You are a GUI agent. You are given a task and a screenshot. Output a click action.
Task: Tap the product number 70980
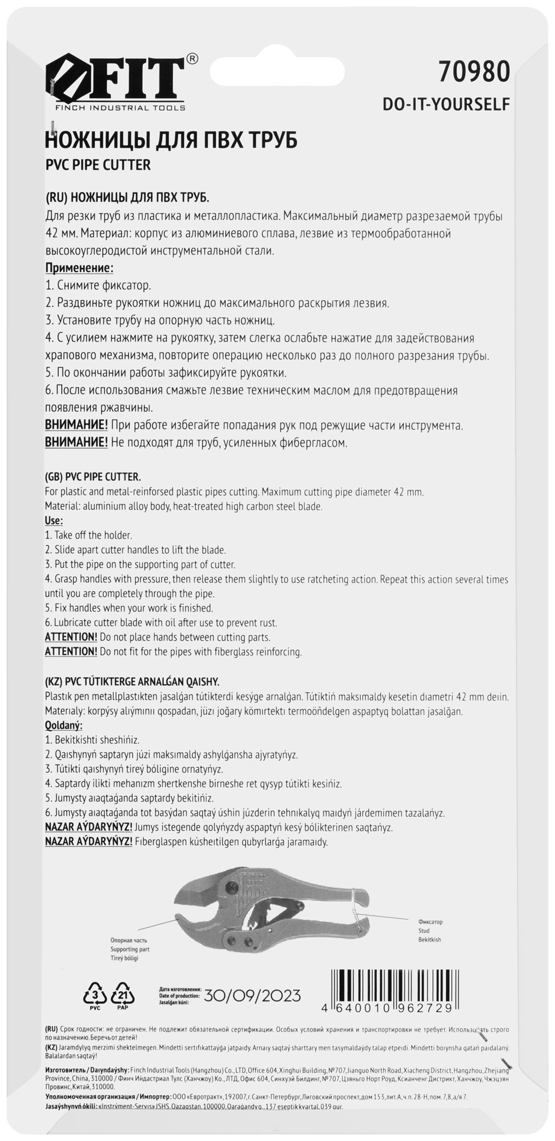[473, 73]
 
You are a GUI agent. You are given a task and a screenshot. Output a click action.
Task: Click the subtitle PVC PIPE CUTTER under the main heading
[98, 165]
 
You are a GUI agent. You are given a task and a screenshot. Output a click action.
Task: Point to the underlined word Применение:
[79, 268]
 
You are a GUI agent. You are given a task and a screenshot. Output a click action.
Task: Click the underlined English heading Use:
[54, 520]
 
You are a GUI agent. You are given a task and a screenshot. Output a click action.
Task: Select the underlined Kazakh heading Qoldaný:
[63, 726]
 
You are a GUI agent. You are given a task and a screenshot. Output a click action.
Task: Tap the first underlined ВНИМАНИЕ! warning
[77, 426]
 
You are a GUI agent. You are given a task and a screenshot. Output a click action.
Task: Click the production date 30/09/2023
[252, 996]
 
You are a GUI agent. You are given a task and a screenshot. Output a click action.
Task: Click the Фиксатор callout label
[430, 922]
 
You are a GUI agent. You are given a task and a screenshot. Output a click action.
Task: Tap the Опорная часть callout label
[129, 940]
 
